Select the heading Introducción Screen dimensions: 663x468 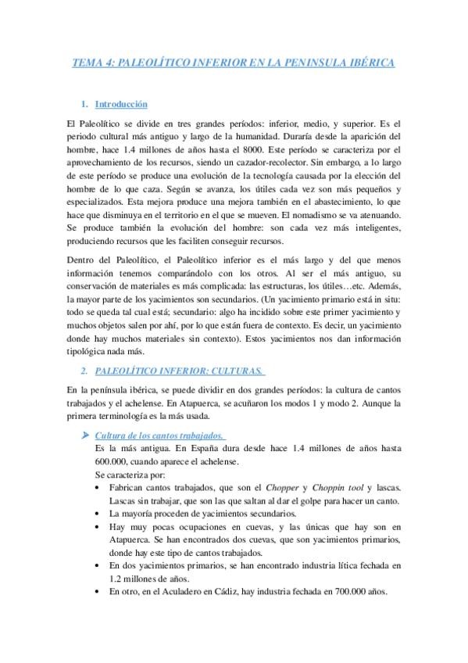pyautogui.click(x=121, y=104)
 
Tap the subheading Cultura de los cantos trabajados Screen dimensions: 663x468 pyautogui.click(x=159, y=435)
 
